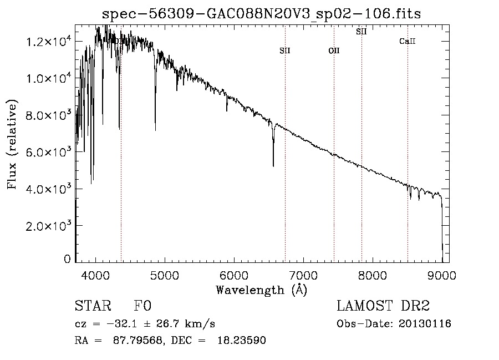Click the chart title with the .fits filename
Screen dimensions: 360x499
[x=262, y=14]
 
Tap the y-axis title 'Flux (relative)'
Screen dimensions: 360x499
[x=12, y=144]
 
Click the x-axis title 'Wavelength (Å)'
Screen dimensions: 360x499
[x=262, y=290]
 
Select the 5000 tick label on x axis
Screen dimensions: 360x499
[x=165, y=275]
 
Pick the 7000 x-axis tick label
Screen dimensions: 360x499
[x=303, y=275]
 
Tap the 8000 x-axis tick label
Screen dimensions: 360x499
[x=373, y=275]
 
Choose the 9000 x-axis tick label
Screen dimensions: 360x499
[x=442, y=275]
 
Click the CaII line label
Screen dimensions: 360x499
[x=408, y=42]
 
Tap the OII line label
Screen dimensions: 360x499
[x=334, y=50]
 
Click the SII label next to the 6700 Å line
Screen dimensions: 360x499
[x=285, y=50]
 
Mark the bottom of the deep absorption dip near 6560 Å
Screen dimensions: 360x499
[x=273, y=165]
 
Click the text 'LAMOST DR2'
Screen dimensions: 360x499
[x=383, y=306]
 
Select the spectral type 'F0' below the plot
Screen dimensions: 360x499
[x=142, y=306]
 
